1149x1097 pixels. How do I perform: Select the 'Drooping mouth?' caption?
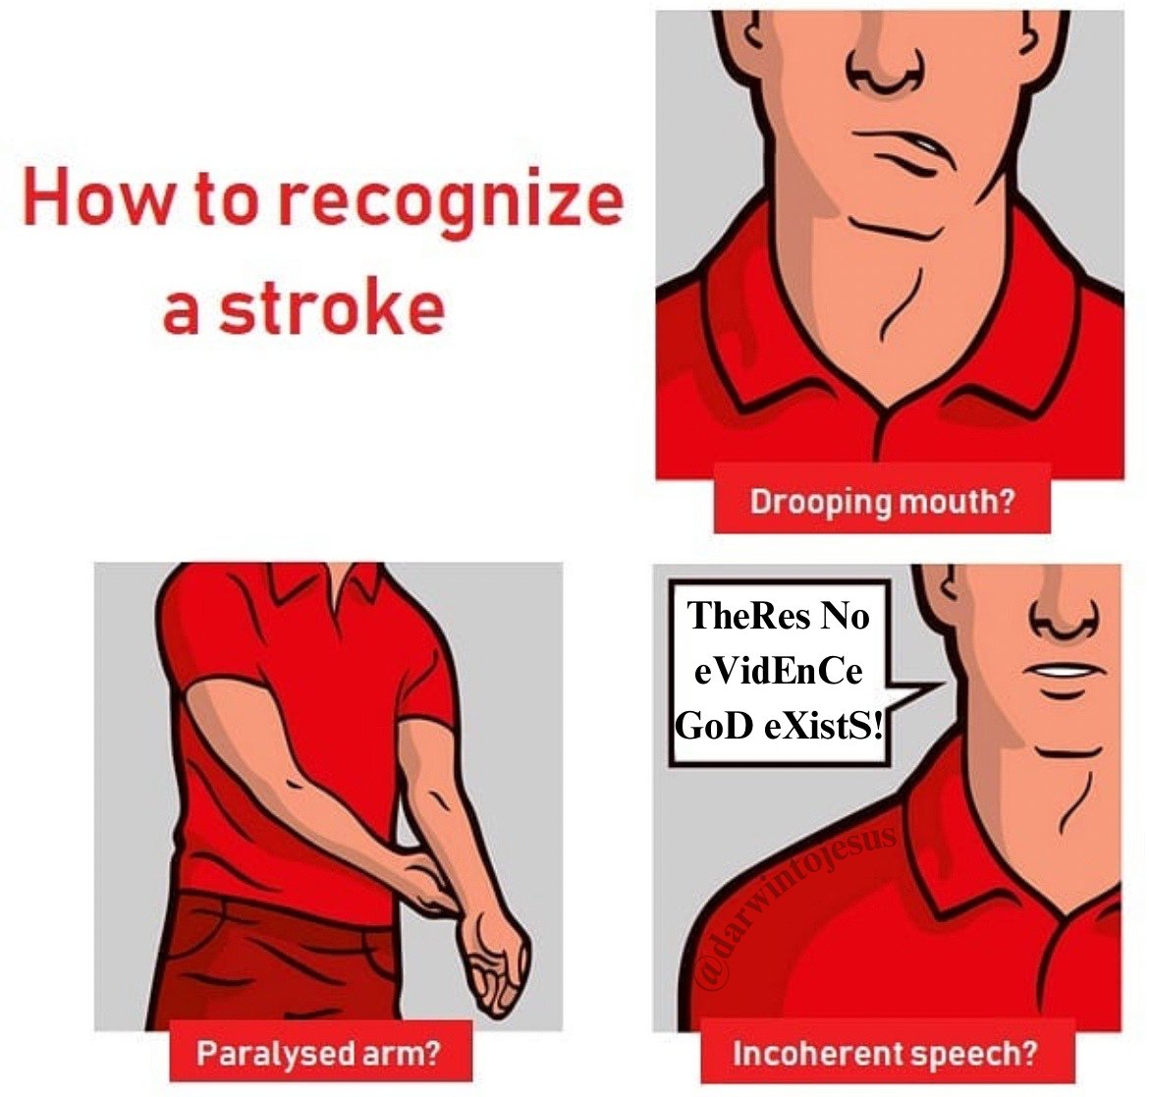[x=882, y=502]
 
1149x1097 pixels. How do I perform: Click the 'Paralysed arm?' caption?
[x=319, y=1053]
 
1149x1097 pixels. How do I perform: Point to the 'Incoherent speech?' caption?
[x=885, y=1053]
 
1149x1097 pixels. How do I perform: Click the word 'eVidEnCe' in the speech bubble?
[x=778, y=671]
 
